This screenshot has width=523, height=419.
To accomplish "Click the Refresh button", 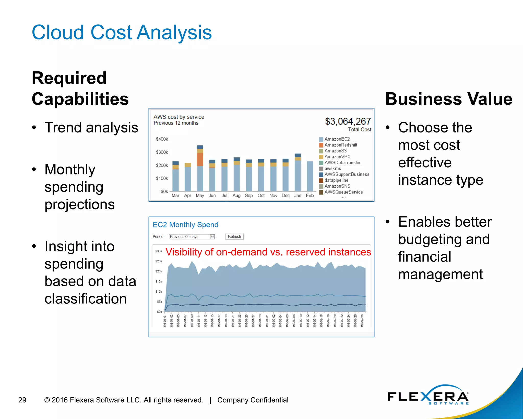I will click(x=234, y=237).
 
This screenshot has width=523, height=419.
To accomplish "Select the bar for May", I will click(x=200, y=169).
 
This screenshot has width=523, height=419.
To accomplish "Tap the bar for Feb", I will click(x=310, y=176).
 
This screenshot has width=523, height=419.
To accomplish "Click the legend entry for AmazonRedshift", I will click(x=341, y=145).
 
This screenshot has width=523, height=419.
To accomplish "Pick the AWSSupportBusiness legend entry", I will click(x=347, y=174).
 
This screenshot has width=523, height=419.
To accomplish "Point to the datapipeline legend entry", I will click(x=336, y=180).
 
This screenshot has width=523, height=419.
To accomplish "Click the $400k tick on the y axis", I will click(x=162, y=139).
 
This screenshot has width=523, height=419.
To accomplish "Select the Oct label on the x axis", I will click(x=261, y=196).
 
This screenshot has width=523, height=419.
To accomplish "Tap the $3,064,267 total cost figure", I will click(x=348, y=122).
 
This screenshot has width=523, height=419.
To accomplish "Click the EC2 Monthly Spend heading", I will click(x=185, y=225).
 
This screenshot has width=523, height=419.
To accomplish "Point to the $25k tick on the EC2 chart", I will click(x=159, y=261).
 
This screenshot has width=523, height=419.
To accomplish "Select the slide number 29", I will click(x=22, y=400).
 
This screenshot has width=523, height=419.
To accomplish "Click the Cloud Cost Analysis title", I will click(x=122, y=32).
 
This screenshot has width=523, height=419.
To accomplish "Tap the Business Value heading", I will click(x=448, y=99).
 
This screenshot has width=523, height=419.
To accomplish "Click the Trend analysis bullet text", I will click(x=91, y=127).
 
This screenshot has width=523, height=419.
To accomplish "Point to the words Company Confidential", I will click(x=253, y=400).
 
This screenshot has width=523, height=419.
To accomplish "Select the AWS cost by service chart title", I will click(x=179, y=117).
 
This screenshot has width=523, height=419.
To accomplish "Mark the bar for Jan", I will click(x=298, y=173).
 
